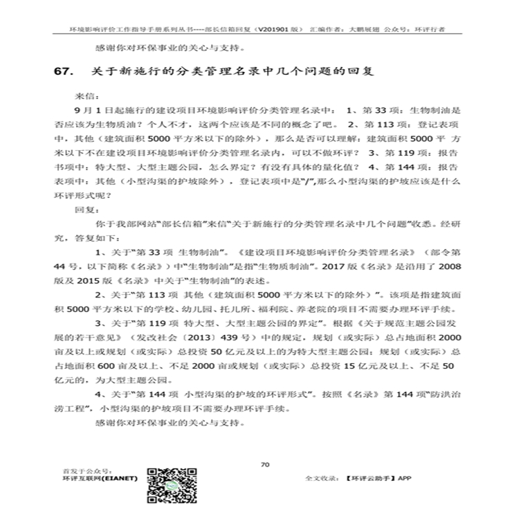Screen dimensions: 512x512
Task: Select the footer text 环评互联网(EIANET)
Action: click(100, 477)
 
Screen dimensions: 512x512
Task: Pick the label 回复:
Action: click(84, 207)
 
